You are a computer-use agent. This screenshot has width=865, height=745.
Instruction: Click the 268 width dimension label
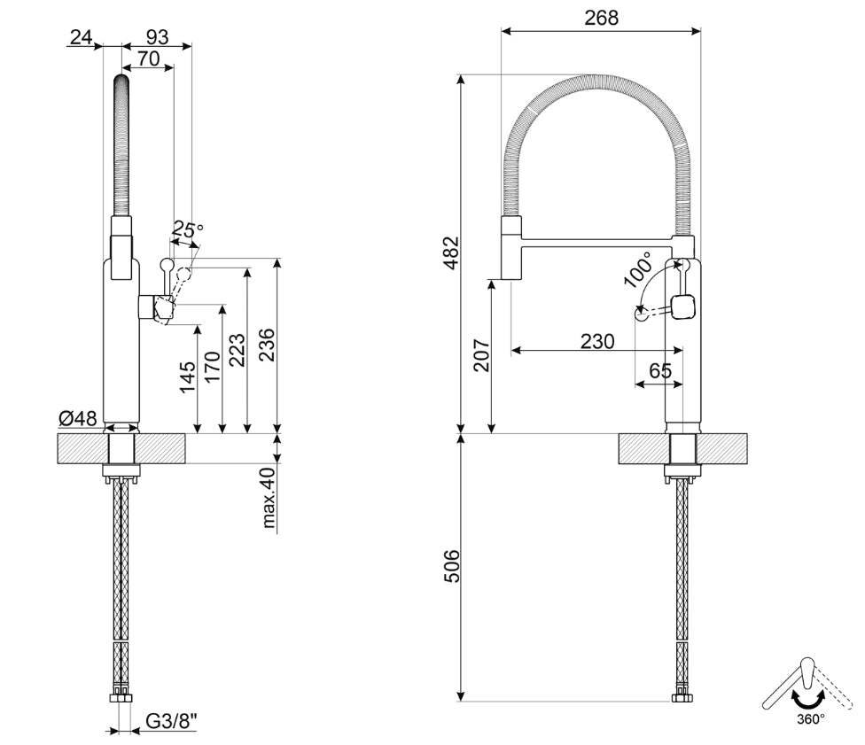click(602, 17)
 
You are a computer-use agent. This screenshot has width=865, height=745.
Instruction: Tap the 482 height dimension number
click(451, 252)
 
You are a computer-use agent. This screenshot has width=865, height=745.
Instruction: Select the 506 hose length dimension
click(451, 568)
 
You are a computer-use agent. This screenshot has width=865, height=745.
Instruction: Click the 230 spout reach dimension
click(597, 341)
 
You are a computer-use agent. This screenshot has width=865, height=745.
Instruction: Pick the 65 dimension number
click(660, 371)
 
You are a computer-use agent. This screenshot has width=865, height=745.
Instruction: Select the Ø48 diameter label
click(78, 418)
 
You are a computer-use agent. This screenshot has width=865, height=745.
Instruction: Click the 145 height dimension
click(187, 376)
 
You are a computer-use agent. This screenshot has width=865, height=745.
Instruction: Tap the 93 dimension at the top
click(157, 37)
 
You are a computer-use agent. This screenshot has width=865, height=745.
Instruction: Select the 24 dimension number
click(82, 37)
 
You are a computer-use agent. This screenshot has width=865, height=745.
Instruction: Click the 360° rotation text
click(809, 719)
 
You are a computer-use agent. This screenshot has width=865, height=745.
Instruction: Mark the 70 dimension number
click(148, 59)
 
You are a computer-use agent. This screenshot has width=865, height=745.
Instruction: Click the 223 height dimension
click(237, 350)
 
